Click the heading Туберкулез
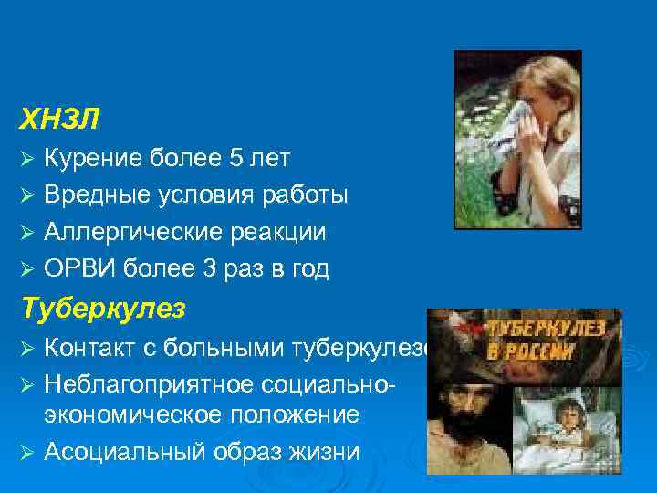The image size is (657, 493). pos(102,309)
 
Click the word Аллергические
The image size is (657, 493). pos(129,232)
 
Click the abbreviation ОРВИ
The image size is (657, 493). pos(78,268)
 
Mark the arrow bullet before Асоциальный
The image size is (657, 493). pos(27,452)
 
